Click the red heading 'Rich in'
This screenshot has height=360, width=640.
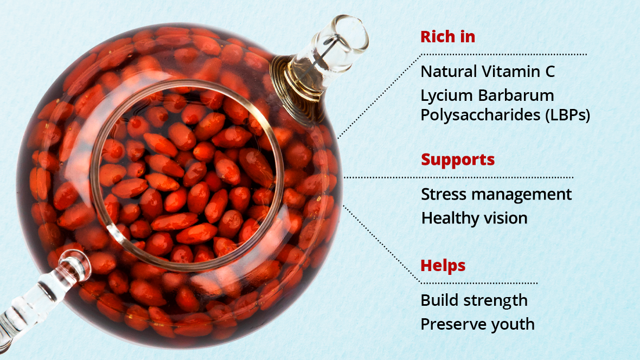[x=448, y=37]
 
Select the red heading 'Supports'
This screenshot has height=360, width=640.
[x=458, y=160]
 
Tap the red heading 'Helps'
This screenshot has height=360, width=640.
[x=443, y=266]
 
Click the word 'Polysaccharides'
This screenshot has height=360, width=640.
[x=481, y=115]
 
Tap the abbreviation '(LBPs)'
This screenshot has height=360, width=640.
[x=568, y=115]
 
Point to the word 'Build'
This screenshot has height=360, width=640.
[x=439, y=300]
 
